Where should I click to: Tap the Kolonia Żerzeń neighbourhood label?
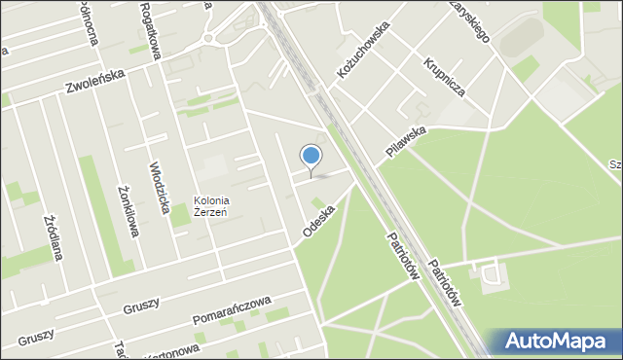(x=210, y=206)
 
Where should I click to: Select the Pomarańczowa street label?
(x=231, y=310)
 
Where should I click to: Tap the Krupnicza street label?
(x=444, y=81)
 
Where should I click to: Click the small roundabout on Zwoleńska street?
(x=207, y=38)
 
